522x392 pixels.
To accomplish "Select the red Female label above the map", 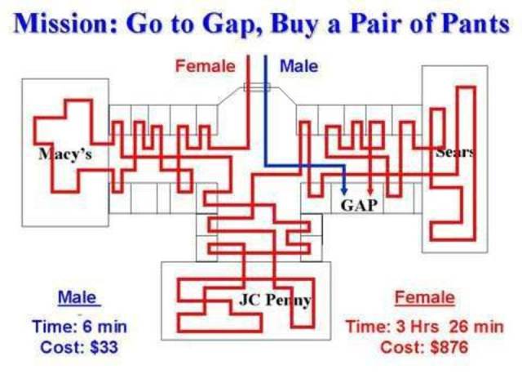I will click(205, 65).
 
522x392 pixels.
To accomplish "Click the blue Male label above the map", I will click(299, 65).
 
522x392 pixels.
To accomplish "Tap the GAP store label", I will click(359, 204).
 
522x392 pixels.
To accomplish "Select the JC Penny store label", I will click(276, 300).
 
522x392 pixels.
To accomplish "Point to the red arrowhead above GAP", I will click(372, 188).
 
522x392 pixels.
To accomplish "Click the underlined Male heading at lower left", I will click(76, 297).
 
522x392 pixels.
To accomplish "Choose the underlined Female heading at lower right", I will click(424, 297).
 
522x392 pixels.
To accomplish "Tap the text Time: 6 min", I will click(79, 327).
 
